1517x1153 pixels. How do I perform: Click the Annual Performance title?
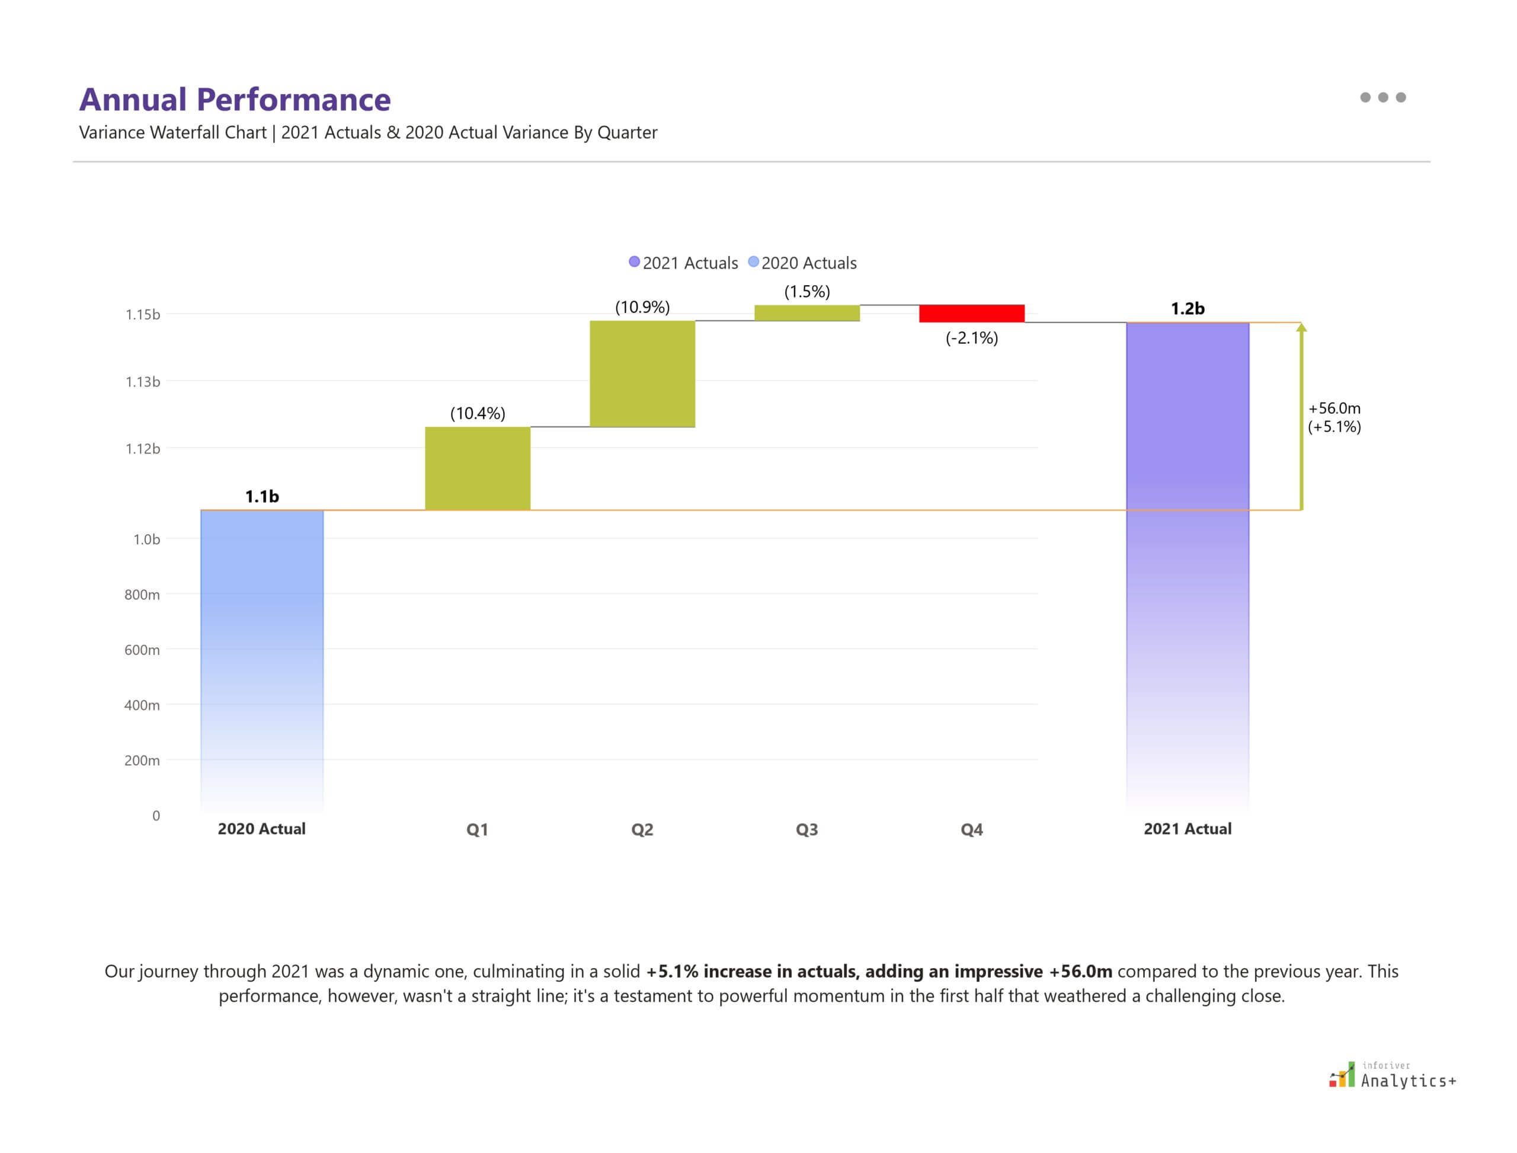(x=235, y=100)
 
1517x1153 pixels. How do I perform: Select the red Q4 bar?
(x=972, y=314)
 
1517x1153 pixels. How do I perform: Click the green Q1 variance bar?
(x=478, y=468)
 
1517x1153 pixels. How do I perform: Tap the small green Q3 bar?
(x=807, y=313)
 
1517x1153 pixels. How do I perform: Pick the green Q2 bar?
(x=642, y=374)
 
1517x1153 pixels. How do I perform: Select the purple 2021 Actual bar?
(x=1187, y=549)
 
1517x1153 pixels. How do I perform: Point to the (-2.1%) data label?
(x=972, y=338)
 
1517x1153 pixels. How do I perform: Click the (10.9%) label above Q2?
(x=642, y=307)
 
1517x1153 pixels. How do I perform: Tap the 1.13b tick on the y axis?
(x=143, y=382)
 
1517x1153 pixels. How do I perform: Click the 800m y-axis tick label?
(x=142, y=595)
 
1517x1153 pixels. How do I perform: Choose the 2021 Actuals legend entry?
(x=683, y=263)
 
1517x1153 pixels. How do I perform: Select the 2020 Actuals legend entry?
(x=803, y=263)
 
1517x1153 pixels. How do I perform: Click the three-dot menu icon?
(x=1382, y=97)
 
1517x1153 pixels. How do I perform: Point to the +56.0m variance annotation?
(x=1334, y=409)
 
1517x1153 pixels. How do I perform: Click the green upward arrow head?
(x=1301, y=328)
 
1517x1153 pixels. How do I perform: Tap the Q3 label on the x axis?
(x=807, y=830)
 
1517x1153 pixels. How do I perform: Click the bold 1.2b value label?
(x=1187, y=309)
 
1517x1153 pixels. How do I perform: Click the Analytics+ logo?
(x=1393, y=1075)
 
